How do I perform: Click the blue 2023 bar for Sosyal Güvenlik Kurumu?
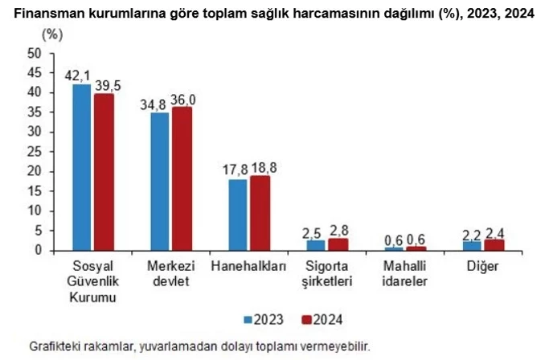[x=81, y=167]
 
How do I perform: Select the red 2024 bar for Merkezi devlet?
[x=182, y=178]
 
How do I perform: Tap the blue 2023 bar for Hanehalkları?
[x=238, y=215]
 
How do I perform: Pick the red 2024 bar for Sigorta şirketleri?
[x=338, y=244]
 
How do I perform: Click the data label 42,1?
[x=78, y=76]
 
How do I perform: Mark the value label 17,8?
[x=236, y=169]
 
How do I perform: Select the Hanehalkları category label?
[x=248, y=266]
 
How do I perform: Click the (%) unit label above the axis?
[x=51, y=35]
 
